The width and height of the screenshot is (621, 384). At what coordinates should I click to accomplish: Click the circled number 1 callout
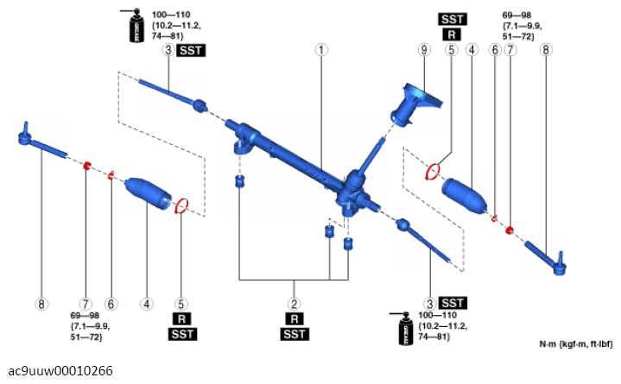pyautogui.click(x=321, y=50)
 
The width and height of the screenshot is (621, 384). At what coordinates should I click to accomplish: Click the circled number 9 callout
pyautogui.click(x=424, y=50)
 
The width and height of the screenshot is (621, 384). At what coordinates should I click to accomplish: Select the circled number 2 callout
pyautogui.click(x=294, y=304)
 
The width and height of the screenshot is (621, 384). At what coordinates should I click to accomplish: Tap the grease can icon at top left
pyautogui.click(x=136, y=25)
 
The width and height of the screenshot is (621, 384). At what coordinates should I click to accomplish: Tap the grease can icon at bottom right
pyautogui.click(x=406, y=329)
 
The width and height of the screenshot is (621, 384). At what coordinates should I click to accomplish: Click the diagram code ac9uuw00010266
pyautogui.click(x=60, y=371)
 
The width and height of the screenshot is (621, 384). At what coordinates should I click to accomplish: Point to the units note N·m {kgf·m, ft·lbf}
pyautogui.click(x=576, y=343)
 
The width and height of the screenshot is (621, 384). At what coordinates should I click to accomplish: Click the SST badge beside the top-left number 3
pyautogui.click(x=191, y=51)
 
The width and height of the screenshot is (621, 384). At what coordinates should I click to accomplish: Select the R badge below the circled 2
pyautogui.click(x=295, y=318)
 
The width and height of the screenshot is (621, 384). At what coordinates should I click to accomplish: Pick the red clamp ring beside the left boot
pyautogui.click(x=181, y=206)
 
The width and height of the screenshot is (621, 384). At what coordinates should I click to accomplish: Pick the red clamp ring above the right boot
pyautogui.click(x=433, y=173)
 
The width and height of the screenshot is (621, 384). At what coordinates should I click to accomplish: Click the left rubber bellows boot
pyautogui.click(x=148, y=193)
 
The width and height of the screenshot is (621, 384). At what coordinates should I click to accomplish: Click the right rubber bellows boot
pyautogui.click(x=464, y=197)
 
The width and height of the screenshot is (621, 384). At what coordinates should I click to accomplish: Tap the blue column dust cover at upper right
pyautogui.click(x=415, y=104)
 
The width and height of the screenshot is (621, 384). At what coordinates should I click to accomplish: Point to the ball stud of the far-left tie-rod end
pyautogui.click(x=26, y=128)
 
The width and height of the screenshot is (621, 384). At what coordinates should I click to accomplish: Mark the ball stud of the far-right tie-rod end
pyautogui.click(x=561, y=257)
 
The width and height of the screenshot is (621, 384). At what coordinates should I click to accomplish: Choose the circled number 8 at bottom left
pyautogui.click(x=41, y=304)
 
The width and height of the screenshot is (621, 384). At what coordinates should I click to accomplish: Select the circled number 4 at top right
pyautogui.click(x=472, y=50)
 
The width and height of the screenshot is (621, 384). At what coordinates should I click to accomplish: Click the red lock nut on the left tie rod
pyautogui.click(x=86, y=166)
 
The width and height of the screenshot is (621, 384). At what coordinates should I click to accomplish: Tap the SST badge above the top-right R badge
pyautogui.click(x=453, y=19)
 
